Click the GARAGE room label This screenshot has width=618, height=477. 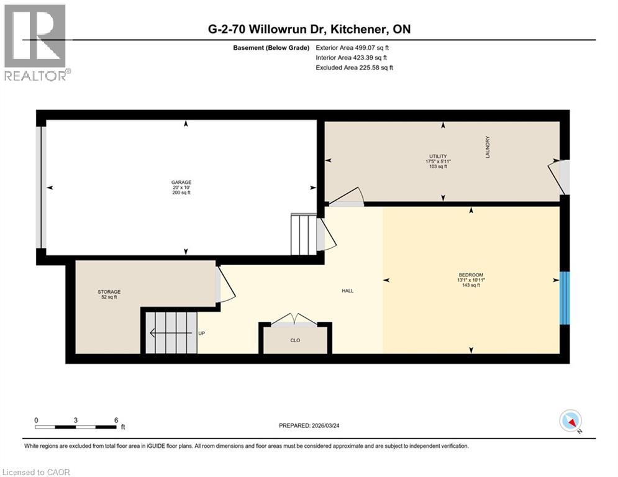[181, 183]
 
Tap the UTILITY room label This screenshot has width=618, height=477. [442, 157]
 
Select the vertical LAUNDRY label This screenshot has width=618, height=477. [488, 147]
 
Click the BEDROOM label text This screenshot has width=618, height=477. [471, 275]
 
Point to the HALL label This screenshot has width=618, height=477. [348, 290]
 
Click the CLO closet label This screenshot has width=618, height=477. [296, 340]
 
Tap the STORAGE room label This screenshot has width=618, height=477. [109, 292]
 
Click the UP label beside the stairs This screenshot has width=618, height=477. [201, 334]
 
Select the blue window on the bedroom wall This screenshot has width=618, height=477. [564, 298]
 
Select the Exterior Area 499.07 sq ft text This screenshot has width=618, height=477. [353, 47]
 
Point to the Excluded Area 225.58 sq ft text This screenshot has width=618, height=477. [354, 68]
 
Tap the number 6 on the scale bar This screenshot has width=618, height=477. [116, 420]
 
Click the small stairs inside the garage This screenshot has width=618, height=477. [304, 234]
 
